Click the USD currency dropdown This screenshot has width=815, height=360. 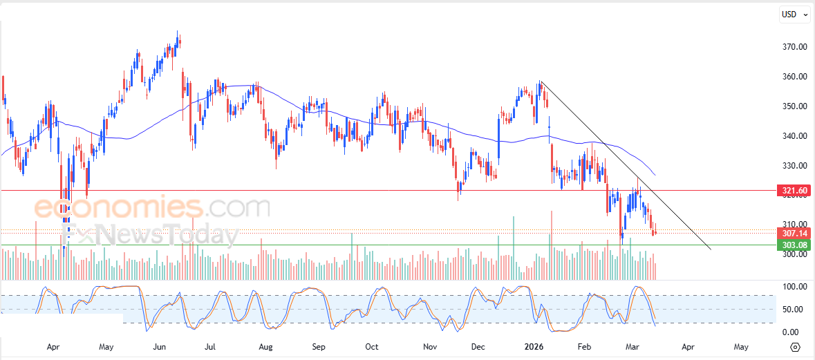[794, 14]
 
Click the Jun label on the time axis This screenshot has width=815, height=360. [159, 346]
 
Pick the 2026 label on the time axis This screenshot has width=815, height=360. [533, 346]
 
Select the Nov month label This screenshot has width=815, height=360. [429, 346]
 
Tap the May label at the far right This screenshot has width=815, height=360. [740, 346]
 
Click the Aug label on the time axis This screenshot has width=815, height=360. [265, 346]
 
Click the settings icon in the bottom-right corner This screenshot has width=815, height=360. [795, 347]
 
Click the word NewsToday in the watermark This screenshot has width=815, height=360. [166, 235]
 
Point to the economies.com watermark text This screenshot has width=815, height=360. [152, 207]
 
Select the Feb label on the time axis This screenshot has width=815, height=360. [584, 346]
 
